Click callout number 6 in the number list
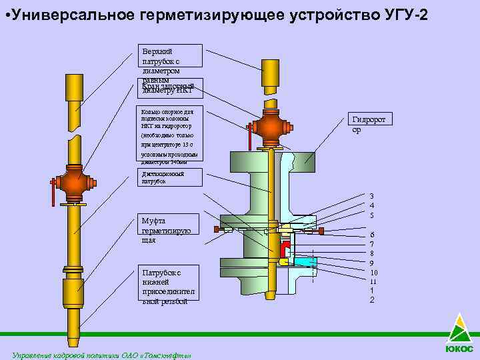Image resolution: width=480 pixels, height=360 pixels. pyautogui.click(x=373, y=234)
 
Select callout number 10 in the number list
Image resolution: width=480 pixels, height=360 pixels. pyautogui.click(x=373, y=272)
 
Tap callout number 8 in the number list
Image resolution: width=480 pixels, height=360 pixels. pyautogui.click(x=372, y=253)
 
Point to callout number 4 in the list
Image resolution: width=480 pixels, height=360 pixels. pyautogui.click(x=372, y=205)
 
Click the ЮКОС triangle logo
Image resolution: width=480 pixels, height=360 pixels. pyautogui.click(x=459, y=330)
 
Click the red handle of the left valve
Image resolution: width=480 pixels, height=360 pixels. pyautogui.click(x=51, y=196)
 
